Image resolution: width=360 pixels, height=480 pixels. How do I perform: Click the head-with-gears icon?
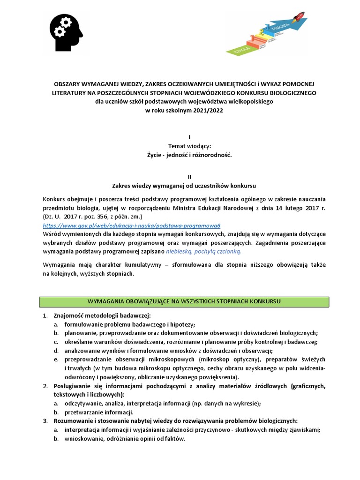coord(66,32)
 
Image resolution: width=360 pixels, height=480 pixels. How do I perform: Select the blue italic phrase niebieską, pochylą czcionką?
coord(204,251)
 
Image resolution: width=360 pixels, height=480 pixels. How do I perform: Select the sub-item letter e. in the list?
coord(55,360)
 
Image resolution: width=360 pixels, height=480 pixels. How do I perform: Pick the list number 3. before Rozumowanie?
coord(45,421)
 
